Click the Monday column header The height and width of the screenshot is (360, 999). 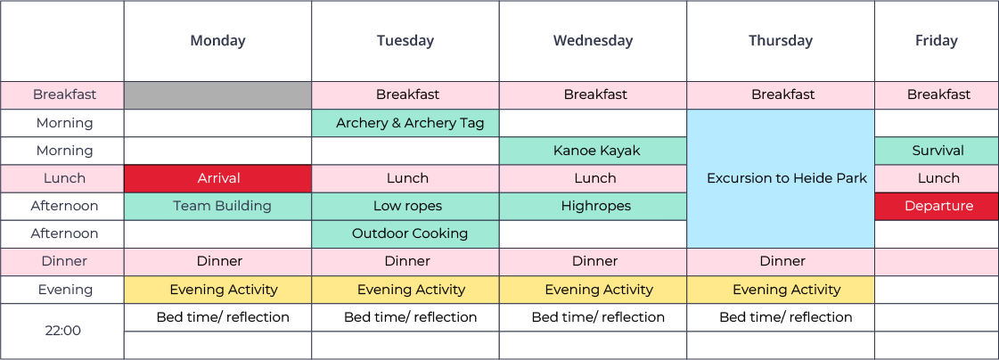point(218,41)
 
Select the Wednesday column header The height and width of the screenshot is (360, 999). point(594,41)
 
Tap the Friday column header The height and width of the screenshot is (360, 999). point(937,41)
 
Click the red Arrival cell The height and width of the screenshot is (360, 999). point(218,178)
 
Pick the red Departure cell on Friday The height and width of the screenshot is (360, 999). point(937,206)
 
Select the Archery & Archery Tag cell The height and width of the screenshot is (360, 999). point(405,123)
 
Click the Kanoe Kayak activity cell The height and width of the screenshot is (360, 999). point(594,151)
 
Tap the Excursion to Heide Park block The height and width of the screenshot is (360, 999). point(781,178)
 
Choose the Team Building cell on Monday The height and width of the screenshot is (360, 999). point(218,206)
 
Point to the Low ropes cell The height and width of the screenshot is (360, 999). point(405,206)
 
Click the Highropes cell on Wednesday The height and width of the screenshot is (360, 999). point(594,206)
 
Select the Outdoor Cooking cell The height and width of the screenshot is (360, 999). point(405,233)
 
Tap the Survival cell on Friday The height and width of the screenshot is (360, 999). point(937,151)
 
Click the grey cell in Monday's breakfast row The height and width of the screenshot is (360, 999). point(218,95)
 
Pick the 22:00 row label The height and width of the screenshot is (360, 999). point(62,331)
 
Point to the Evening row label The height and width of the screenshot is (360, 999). point(62,290)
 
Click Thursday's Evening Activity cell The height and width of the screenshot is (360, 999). point(781,290)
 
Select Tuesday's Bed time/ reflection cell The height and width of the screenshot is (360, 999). point(405,317)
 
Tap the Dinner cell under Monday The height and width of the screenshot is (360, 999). point(218,261)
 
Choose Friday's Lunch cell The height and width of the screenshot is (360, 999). point(937,178)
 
